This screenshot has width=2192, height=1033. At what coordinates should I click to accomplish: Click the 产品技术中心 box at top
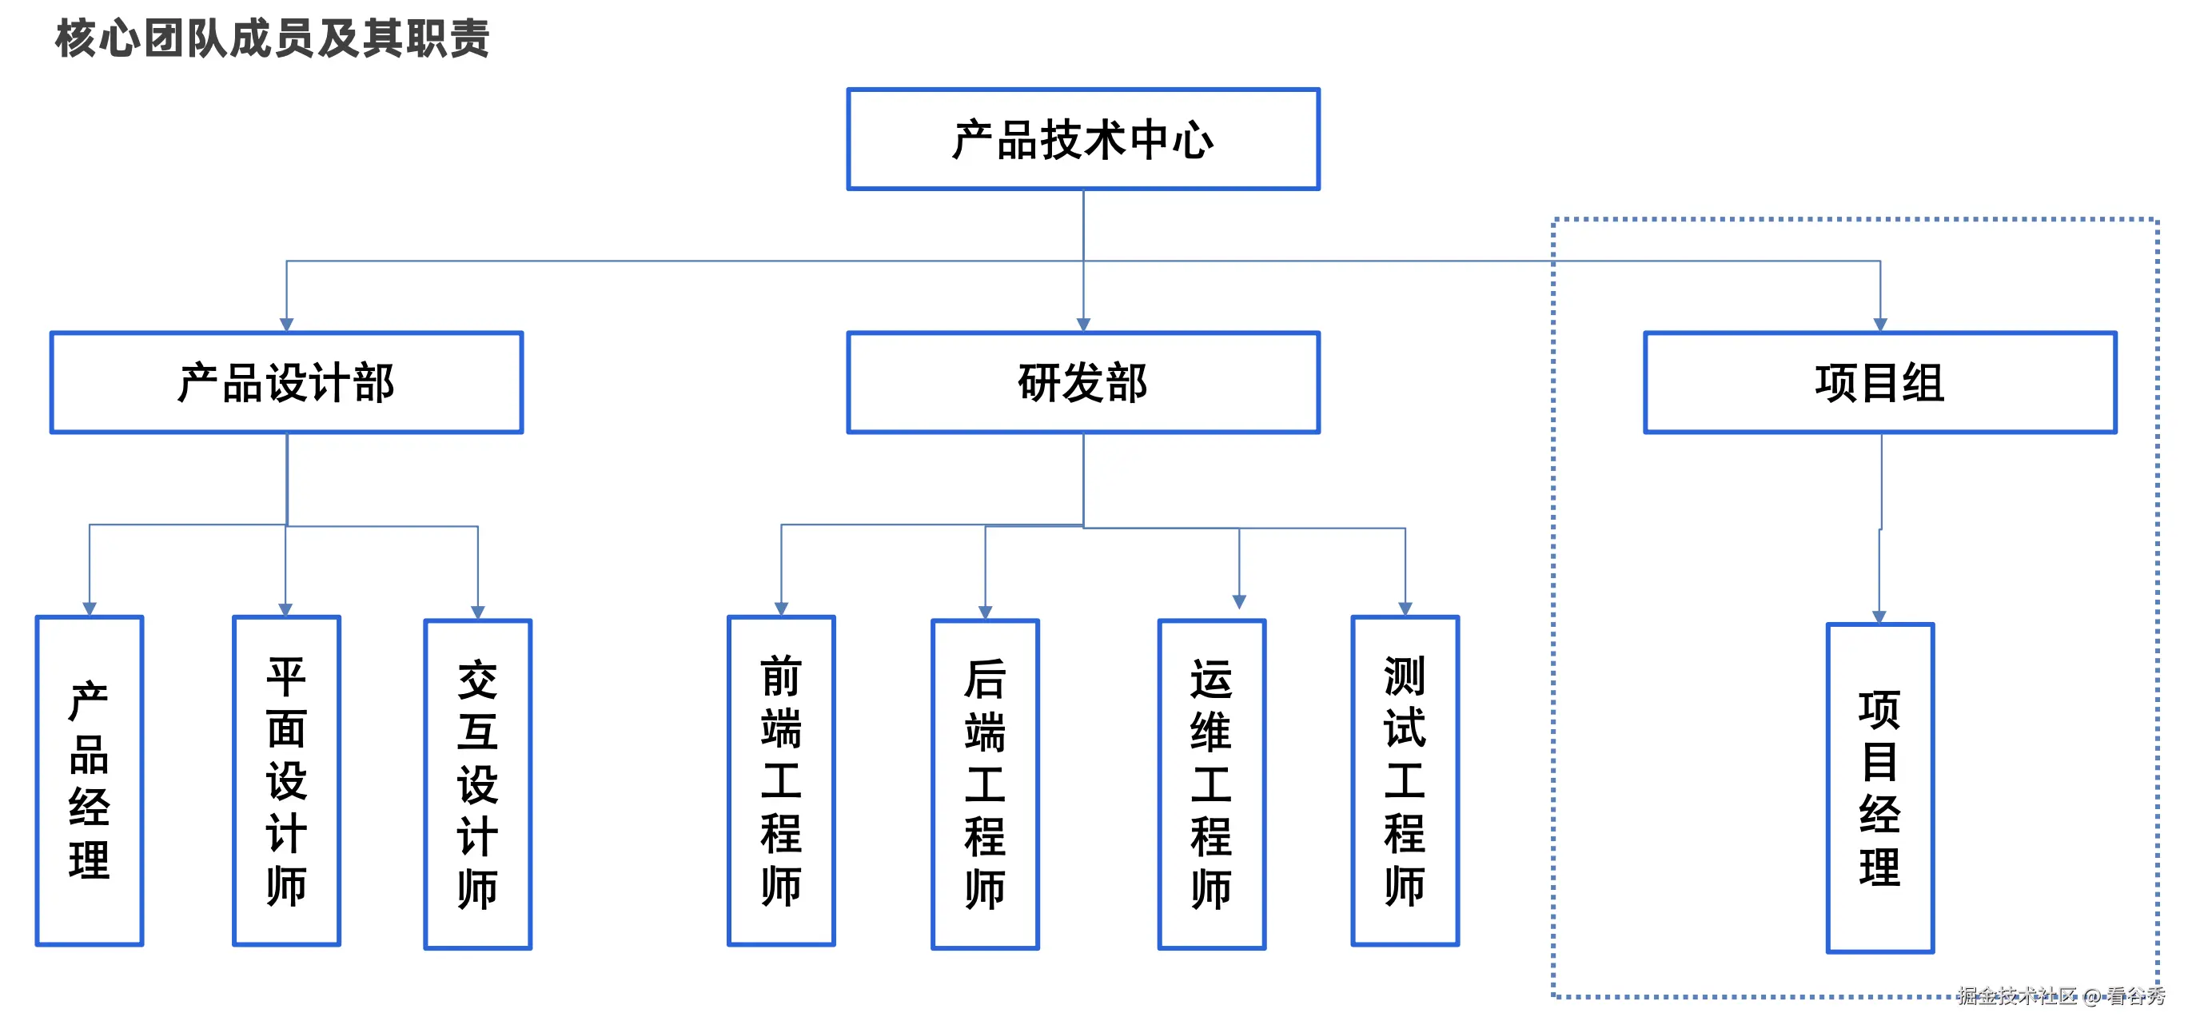click(x=1082, y=138)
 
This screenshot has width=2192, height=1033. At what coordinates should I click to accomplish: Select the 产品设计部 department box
click(x=286, y=382)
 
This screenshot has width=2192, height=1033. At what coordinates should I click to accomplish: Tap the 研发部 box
click(x=1082, y=382)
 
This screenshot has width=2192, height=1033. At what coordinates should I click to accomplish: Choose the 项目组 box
click(x=1879, y=382)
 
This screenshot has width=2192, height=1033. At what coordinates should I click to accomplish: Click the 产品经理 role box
click(x=90, y=780)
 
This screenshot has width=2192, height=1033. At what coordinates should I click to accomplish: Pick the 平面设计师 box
click(x=286, y=780)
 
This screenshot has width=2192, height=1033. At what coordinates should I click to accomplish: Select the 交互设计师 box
click(x=477, y=783)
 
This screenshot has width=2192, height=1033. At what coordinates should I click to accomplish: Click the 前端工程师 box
click(x=780, y=780)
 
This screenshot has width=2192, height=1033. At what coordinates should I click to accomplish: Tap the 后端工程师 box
click(x=985, y=783)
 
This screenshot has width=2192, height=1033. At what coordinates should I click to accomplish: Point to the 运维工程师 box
click(x=1211, y=783)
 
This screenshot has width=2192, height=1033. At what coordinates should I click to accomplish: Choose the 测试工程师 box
click(x=1404, y=780)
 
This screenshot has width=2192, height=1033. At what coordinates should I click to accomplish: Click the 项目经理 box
click(x=1879, y=787)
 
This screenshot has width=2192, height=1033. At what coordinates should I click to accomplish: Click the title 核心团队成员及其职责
click(x=273, y=39)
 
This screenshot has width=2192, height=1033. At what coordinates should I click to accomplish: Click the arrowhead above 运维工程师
click(x=1239, y=601)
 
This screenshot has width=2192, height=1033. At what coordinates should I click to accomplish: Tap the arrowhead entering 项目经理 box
click(x=1879, y=616)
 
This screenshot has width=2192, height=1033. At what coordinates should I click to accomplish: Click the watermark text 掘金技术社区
click(x=2017, y=995)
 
